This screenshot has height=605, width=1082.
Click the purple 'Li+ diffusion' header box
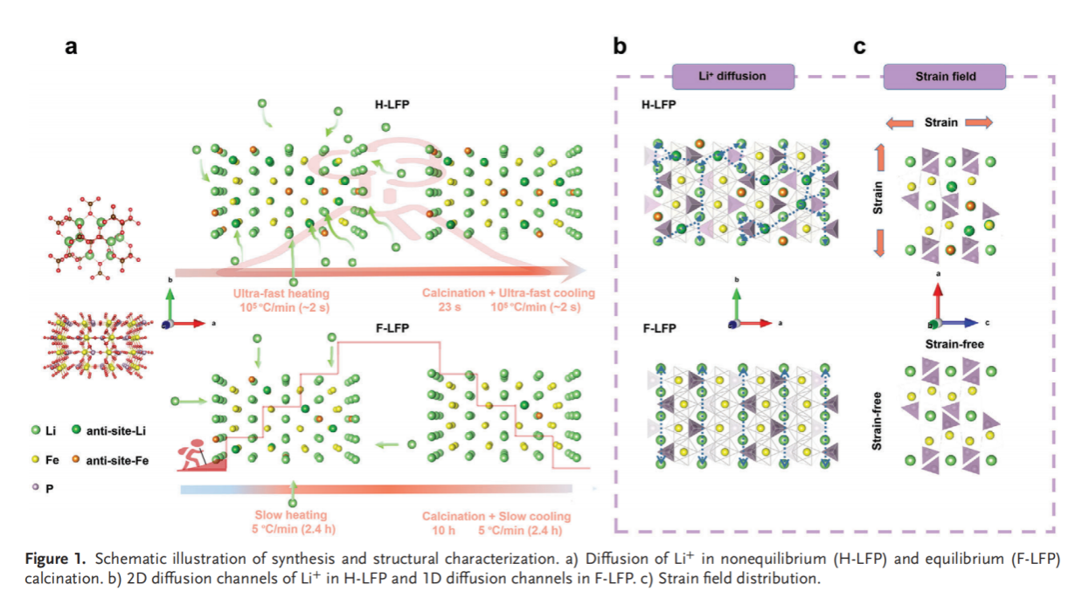point(732,76)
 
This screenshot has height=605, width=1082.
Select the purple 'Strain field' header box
point(944,76)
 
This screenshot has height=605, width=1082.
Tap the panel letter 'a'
point(72,48)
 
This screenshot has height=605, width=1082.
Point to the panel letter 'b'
point(619,48)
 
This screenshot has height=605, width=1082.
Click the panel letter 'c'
point(860,48)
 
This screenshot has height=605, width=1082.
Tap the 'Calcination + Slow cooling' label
point(496,516)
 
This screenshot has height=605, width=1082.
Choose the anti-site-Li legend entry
point(103,430)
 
